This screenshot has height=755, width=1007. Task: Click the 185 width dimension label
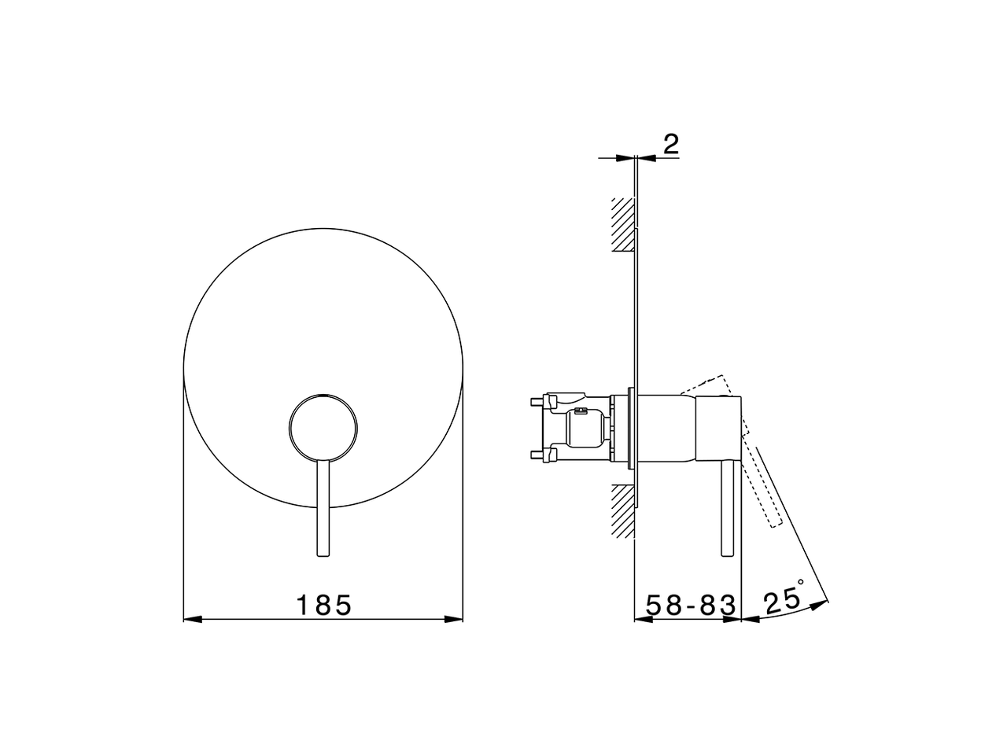pyautogui.click(x=323, y=606)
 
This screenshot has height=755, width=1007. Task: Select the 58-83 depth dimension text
pyautogui.click(x=691, y=606)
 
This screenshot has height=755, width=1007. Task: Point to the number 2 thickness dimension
pyautogui.click(x=670, y=144)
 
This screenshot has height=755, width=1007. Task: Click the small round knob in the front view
pyautogui.click(x=323, y=425)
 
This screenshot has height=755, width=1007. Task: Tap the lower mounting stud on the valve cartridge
pyautogui.click(x=541, y=454)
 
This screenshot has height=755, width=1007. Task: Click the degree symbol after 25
pyautogui.click(x=801, y=584)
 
